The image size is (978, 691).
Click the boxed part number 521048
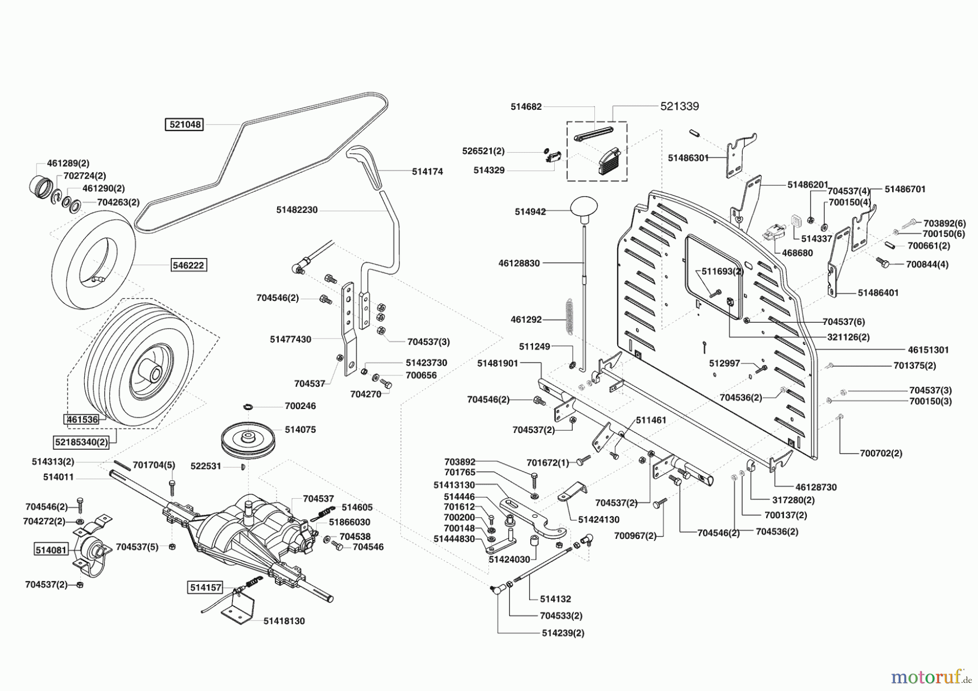(x=185, y=124)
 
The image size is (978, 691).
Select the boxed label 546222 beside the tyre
(x=189, y=265)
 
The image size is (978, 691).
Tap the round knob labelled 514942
(x=584, y=209)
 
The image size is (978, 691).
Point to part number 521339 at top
(x=679, y=106)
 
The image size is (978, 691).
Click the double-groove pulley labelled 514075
(x=248, y=437)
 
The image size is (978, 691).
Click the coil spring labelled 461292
(x=568, y=315)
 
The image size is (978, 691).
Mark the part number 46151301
(x=928, y=350)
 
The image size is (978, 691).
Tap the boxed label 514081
(x=51, y=550)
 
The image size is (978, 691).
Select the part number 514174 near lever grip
(x=427, y=172)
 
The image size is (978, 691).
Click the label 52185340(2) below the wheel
(x=81, y=442)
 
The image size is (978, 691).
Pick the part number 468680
(x=797, y=253)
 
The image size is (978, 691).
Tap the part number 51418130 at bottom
(x=284, y=621)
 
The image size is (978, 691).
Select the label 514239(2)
(x=563, y=633)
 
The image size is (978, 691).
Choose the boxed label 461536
(x=81, y=419)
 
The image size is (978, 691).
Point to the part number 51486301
(x=688, y=158)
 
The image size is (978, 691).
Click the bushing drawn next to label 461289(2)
(x=39, y=184)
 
